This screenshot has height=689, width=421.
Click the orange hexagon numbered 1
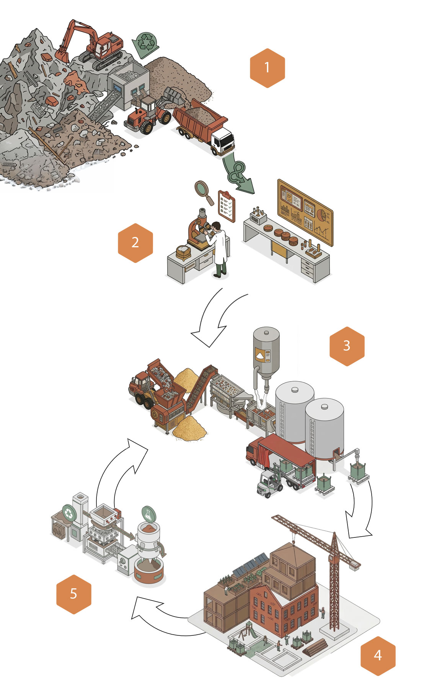pos(267,68)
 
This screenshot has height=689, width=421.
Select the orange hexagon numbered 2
pos(135,243)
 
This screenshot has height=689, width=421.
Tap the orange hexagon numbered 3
pos(347,346)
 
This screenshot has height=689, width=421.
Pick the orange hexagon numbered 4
pos(378,656)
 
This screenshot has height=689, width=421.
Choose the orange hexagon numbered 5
pos(73,594)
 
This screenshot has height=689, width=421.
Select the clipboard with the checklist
pos(226,206)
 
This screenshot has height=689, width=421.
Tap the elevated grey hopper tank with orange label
pos(266,354)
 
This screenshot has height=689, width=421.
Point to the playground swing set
pos(247,630)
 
